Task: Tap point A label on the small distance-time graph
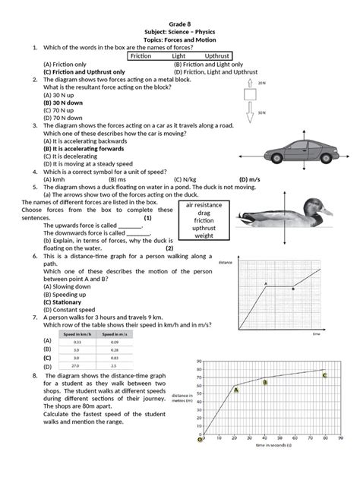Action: click(x=266, y=283)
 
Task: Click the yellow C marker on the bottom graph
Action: click(x=324, y=375)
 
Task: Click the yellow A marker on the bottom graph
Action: click(x=236, y=390)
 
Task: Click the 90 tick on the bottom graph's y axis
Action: click(x=199, y=361)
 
